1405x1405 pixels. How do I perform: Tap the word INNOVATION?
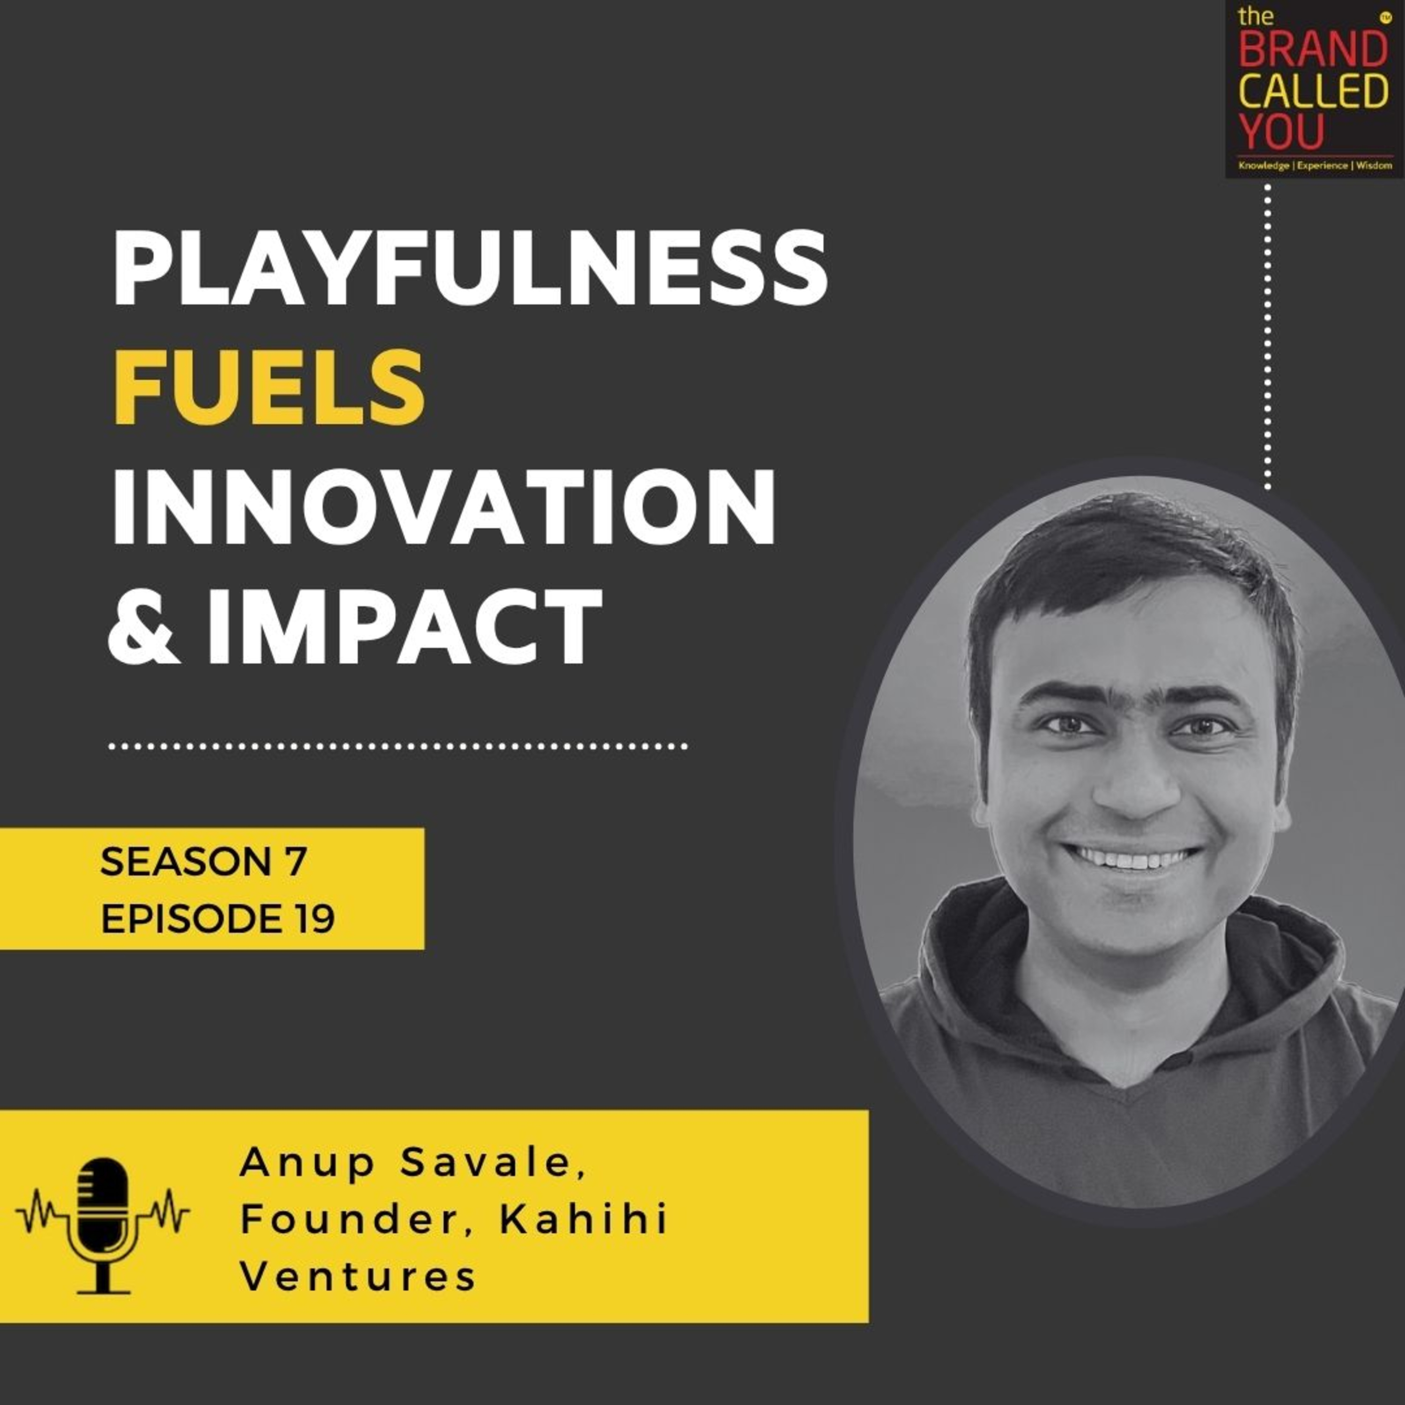[x=444, y=506]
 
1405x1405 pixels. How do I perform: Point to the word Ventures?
[x=358, y=1278]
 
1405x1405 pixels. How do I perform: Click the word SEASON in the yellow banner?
[x=184, y=863]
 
